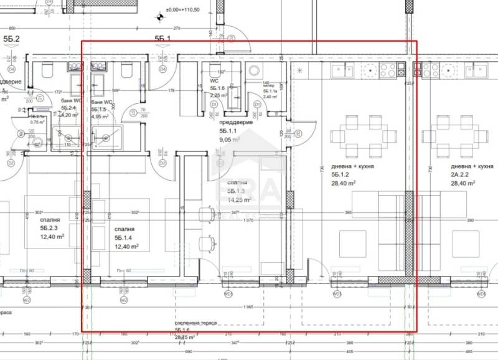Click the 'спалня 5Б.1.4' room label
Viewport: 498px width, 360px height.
[x=125, y=233]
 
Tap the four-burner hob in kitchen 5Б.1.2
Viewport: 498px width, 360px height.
[x=389, y=70]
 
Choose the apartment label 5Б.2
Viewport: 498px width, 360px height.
[x=12, y=39]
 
